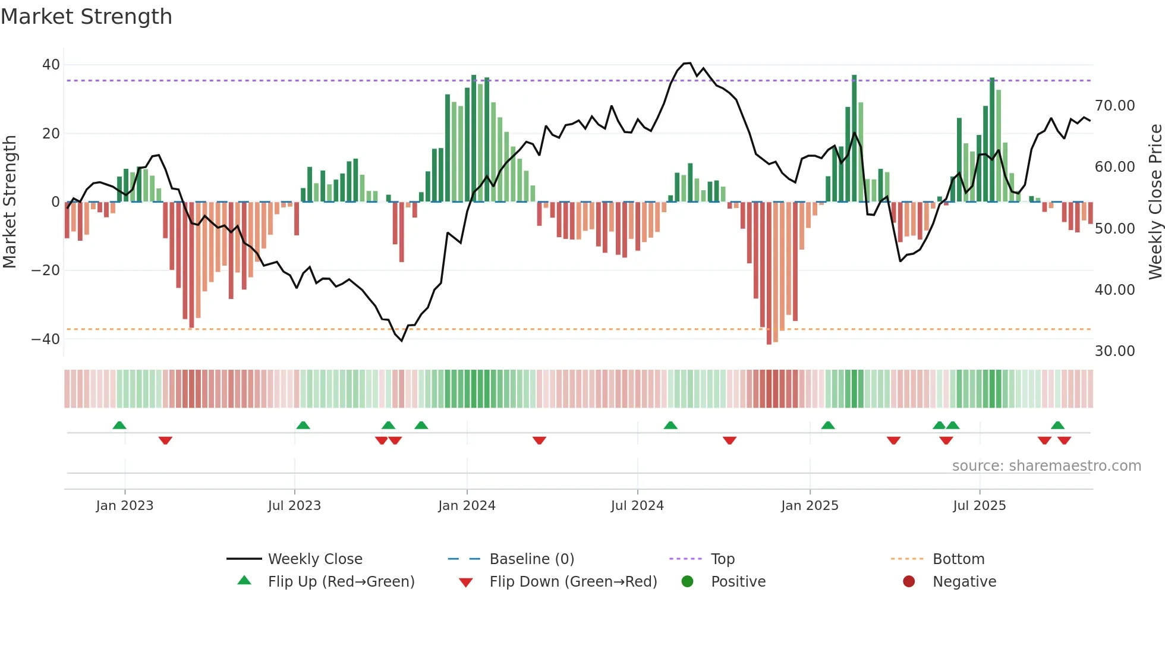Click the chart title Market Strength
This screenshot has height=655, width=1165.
[x=86, y=17]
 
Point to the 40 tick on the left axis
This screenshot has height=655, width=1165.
[x=51, y=64]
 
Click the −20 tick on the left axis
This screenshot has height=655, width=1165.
[x=46, y=270]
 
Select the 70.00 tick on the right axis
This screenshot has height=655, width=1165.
[x=1114, y=106]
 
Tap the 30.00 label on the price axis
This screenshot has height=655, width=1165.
[x=1114, y=351]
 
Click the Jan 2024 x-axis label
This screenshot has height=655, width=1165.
[x=467, y=506]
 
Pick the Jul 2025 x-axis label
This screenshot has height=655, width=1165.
[x=979, y=506]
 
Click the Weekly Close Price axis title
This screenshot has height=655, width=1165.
[x=1155, y=202]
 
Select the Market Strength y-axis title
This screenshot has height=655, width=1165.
[x=10, y=202]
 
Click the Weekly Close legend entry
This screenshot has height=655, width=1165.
[x=314, y=559]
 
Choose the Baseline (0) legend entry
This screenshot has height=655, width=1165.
[x=531, y=559]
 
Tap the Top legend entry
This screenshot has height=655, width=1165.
[x=722, y=559]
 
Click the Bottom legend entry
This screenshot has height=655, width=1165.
[x=958, y=559]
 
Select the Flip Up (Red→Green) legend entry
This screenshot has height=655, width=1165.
[x=341, y=582]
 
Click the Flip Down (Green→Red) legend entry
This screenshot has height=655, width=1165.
[x=573, y=582]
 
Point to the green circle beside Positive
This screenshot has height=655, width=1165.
[x=687, y=582]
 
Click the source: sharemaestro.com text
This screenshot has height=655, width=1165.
[x=1046, y=466]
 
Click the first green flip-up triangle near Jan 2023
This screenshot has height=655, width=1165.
[x=119, y=426]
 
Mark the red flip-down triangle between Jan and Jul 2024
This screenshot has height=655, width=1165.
[x=539, y=440]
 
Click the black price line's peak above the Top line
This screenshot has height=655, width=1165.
[x=687, y=63]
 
